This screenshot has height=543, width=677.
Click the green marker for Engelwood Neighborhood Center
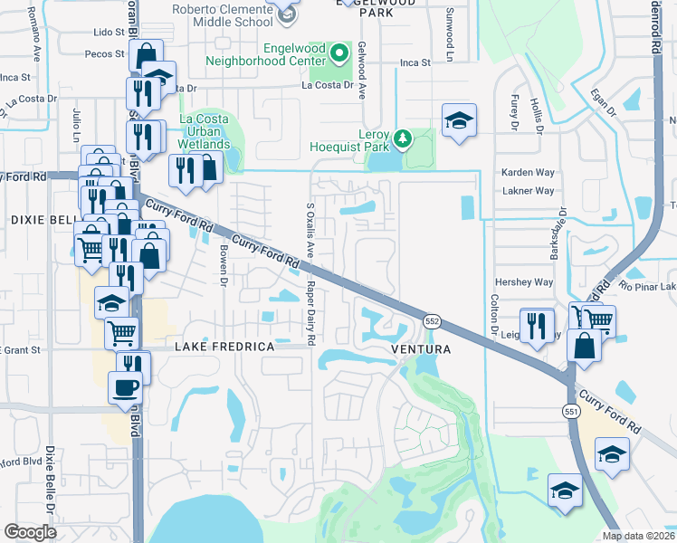(x=339, y=54)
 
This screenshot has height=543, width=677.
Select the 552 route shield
(x=432, y=321)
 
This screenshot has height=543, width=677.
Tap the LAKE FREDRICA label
(x=224, y=347)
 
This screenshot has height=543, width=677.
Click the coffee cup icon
(x=126, y=387)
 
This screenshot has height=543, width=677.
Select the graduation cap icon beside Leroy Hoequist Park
(x=459, y=120)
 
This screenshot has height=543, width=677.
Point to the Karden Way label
(x=528, y=172)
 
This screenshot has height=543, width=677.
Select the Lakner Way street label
(x=528, y=191)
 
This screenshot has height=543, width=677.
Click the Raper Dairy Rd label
(x=311, y=311)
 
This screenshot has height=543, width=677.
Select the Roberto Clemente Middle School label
(x=222, y=14)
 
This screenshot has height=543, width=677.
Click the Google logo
(x=30, y=531)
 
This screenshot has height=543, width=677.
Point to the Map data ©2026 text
(x=637, y=536)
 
